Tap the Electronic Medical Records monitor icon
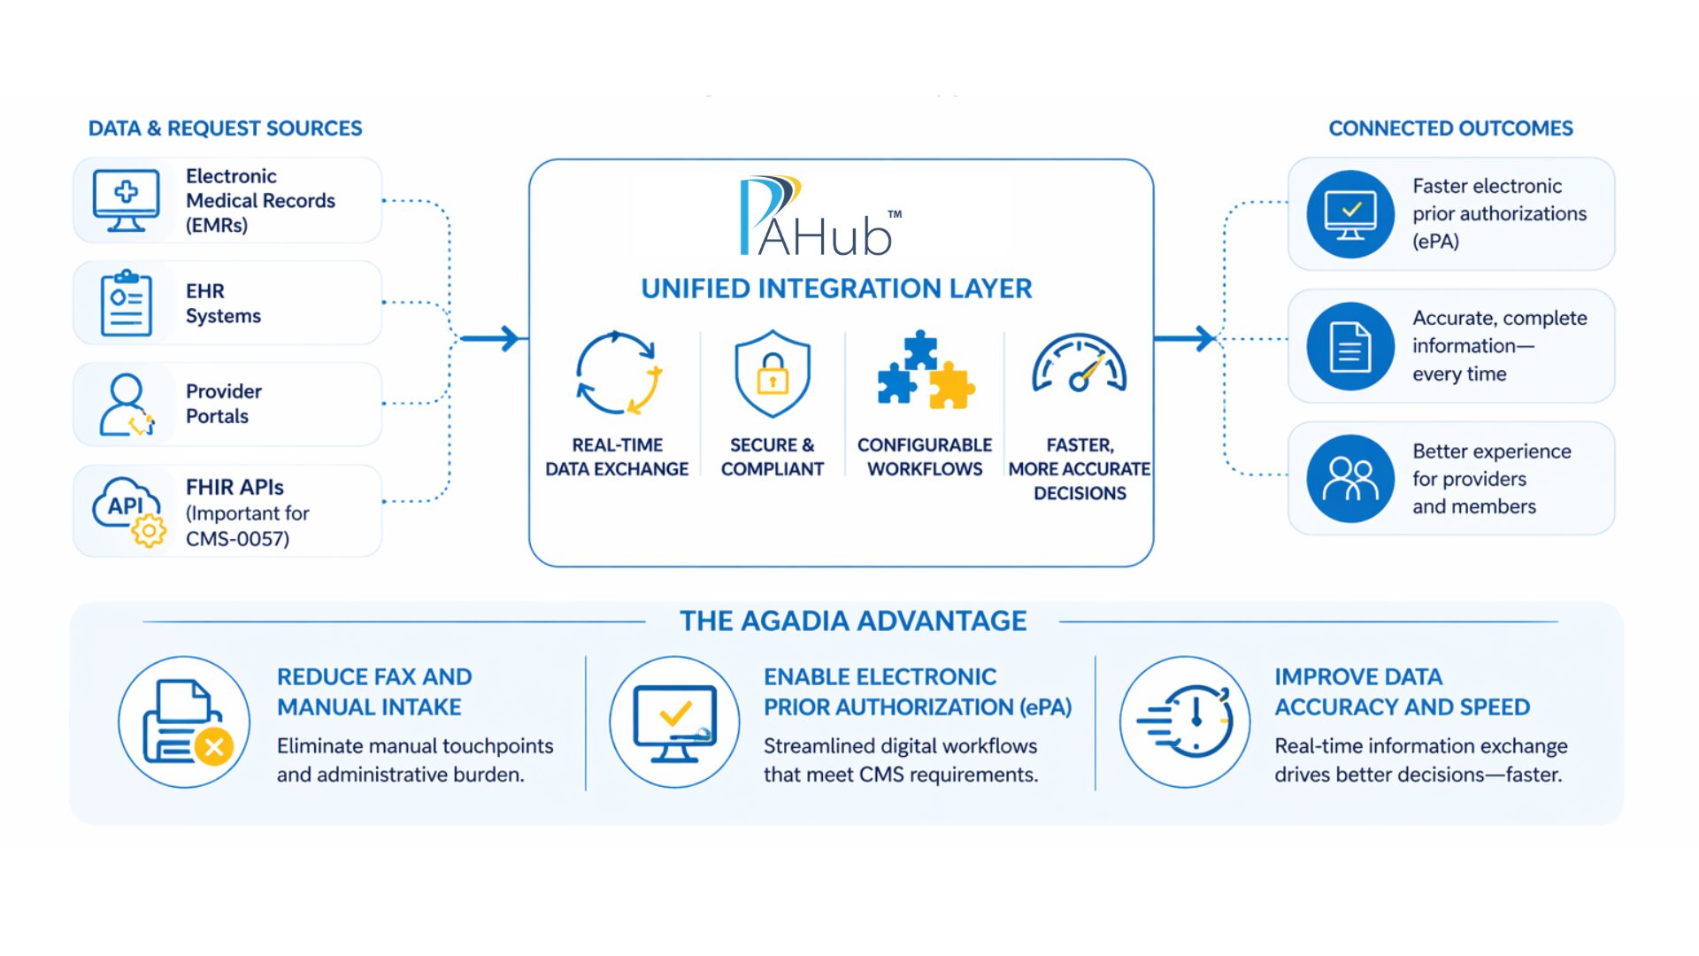(127, 200)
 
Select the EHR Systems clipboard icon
(127, 303)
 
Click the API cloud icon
(129, 511)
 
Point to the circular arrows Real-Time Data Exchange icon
(618, 374)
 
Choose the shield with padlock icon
(773, 374)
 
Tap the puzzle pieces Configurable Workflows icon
(925, 372)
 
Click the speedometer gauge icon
(1080, 365)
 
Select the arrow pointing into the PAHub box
(491, 338)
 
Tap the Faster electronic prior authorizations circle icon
(1350, 214)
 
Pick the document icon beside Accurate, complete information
(1350, 346)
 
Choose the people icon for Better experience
(1350, 479)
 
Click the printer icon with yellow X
(185, 722)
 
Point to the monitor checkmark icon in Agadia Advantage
(675, 722)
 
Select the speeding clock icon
(1186, 722)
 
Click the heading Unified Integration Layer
(836, 289)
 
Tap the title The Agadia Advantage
(853, 621)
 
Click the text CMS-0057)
(237, 539)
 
